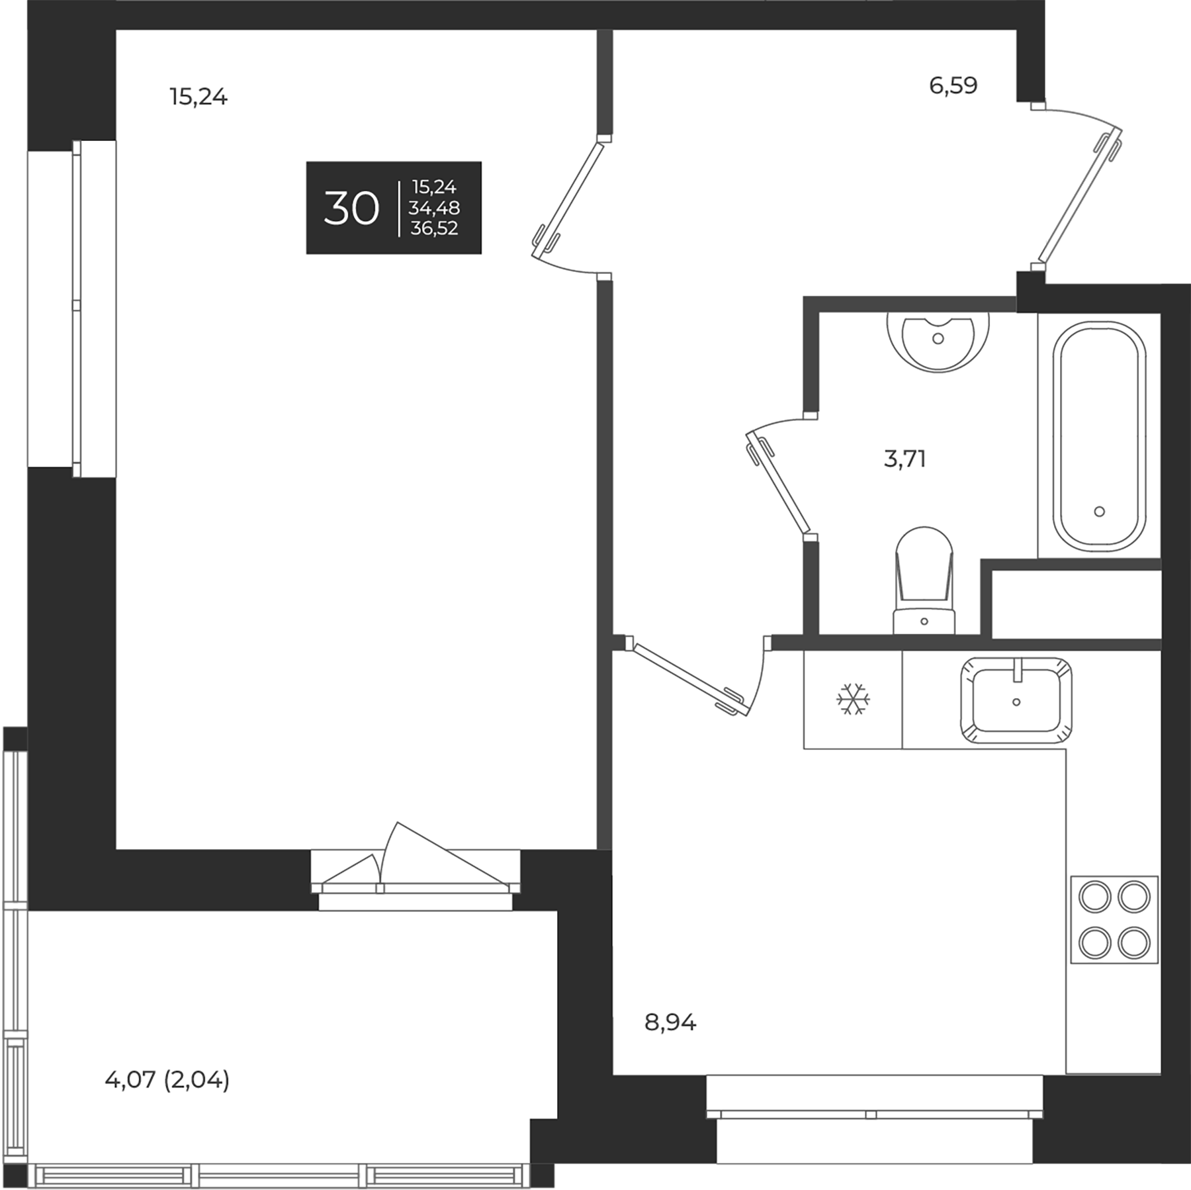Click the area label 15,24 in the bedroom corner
[198, 97]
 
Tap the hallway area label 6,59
[953, 85]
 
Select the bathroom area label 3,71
[904, 458]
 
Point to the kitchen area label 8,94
[670, 1023]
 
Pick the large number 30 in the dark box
[351, 208]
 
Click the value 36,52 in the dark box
[434, 229]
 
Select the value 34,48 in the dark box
[434, 208]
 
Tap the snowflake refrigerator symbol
[853, 700]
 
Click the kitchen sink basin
[1016, 700]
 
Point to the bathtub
[1099, 437]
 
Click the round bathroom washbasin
[938, 341]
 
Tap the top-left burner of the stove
[1093, 898]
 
